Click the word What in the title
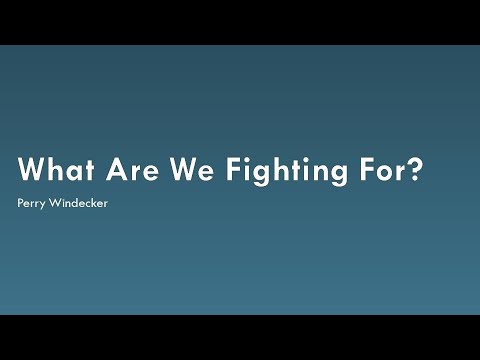point(57,169)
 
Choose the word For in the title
point(383,169)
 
